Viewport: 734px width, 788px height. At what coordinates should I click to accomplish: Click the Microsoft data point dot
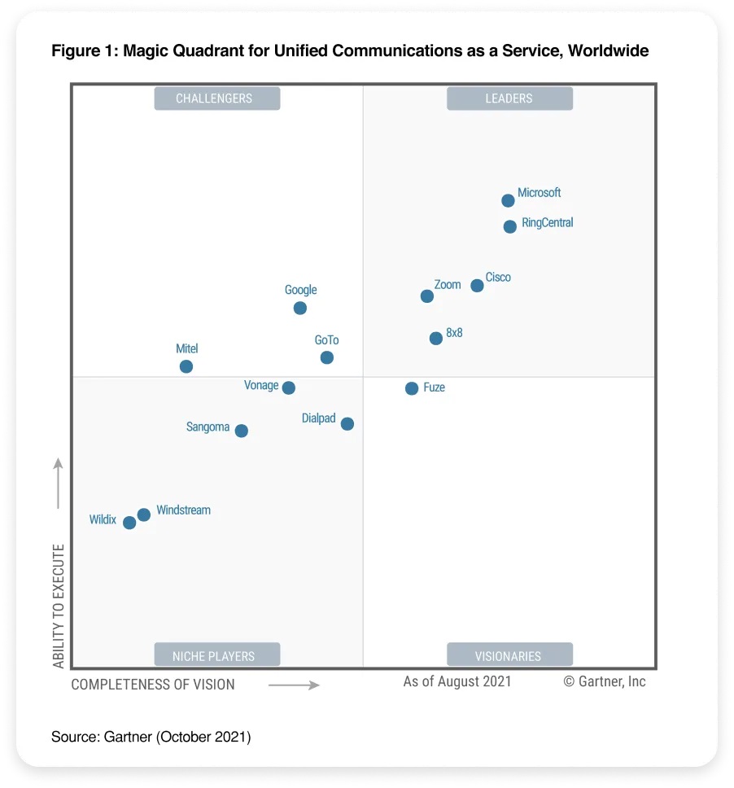[508, 200]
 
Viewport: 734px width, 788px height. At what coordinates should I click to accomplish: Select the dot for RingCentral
[509, 227]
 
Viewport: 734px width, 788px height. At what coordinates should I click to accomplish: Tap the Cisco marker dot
[477, 286]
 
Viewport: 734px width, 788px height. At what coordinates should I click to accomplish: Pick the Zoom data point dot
[427, 296]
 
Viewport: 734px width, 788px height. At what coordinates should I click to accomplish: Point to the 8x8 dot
[436, 338]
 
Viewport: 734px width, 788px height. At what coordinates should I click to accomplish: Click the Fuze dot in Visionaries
[412, 388]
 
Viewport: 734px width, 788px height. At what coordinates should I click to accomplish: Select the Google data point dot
[300, 308]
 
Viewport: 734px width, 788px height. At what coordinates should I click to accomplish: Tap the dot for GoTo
[327, 357]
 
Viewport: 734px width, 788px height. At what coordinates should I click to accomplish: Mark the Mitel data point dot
[186, 366]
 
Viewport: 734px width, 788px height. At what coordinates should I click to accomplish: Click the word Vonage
[261, 385]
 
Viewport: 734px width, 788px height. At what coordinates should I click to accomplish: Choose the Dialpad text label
[318, 418]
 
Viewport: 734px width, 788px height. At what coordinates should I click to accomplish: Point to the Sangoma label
[208, 427]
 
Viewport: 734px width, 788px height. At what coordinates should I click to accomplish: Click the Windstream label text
[183, 510]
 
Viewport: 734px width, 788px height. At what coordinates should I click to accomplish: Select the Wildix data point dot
[129, 523]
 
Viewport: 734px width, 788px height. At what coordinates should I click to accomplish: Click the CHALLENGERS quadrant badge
[217, 98]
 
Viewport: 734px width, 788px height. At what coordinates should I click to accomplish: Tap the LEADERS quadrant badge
[509, 98]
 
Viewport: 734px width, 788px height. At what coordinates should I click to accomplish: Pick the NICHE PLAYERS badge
[217, 655]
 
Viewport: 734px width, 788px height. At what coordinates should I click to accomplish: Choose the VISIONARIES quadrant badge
[509, 655]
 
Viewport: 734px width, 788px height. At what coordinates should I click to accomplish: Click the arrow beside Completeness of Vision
[294, 685]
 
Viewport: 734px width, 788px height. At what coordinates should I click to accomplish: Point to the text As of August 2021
[457, 681]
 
